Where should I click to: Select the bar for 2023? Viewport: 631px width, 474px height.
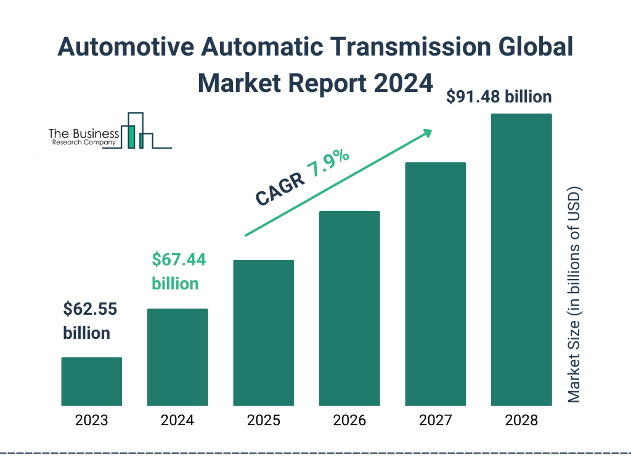tap(91, 381)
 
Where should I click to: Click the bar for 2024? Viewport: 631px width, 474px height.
tap(177, 357)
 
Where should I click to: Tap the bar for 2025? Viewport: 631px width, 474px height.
tap(263, 333)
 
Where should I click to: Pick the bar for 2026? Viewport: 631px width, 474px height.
tap(349, 309)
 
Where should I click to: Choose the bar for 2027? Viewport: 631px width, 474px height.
tap(435, 284)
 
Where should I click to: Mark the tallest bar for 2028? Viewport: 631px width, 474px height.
tap(521, 260)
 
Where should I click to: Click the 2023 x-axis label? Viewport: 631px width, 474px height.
tap(91, 421)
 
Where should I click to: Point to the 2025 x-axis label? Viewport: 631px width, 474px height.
tap(263, 421)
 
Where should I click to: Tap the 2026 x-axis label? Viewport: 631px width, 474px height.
tap(349, 421)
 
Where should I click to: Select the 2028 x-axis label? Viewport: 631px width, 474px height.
tap(521, 421)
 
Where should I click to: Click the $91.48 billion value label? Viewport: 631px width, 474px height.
tap(499, 97)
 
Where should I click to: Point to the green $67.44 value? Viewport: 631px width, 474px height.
tap(179, 259)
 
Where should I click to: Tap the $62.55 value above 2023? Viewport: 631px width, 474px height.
tap(90, 309)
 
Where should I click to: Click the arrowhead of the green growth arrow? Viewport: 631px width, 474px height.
tap(426, 133)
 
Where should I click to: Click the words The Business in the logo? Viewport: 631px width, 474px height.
tap(83, 133)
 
